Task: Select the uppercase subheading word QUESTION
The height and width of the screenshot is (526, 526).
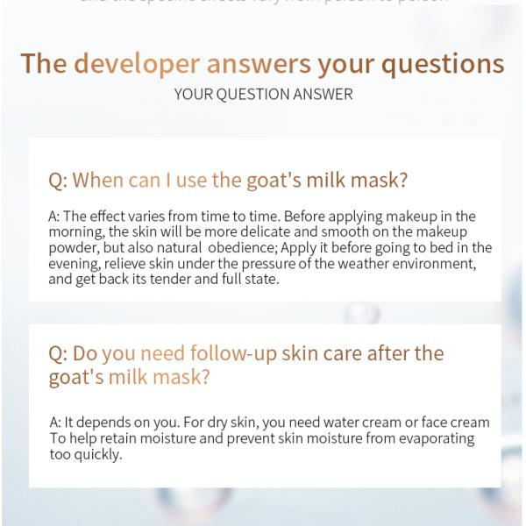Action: [x=251, y=94]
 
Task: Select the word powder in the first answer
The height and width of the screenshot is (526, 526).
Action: [x=75, y=248]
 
